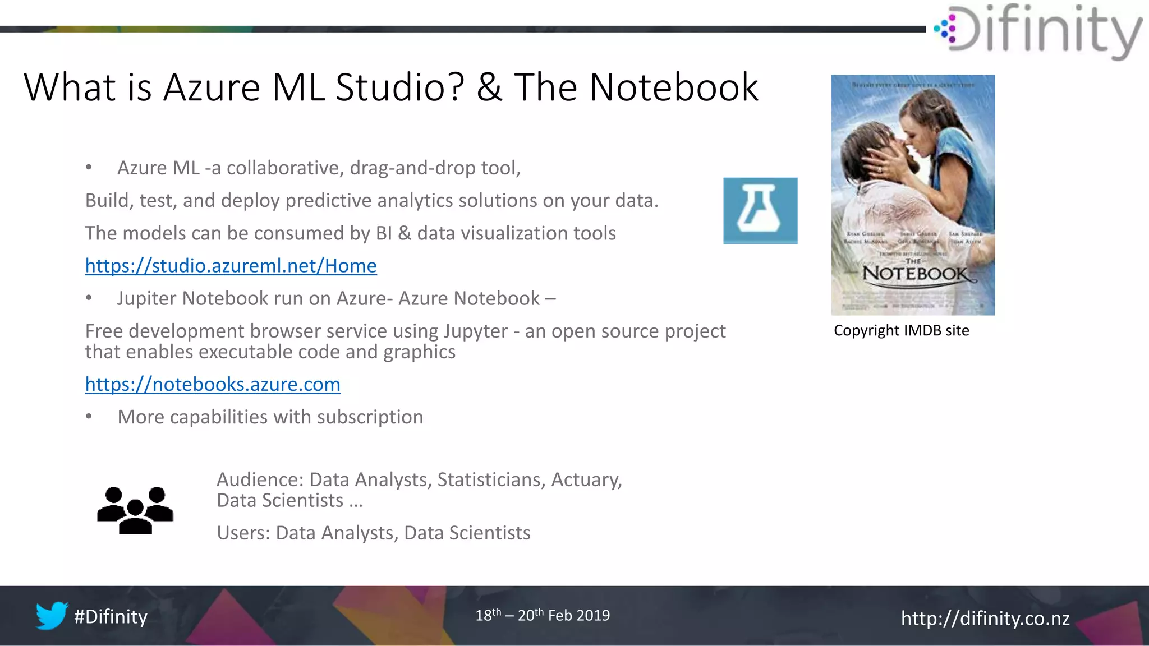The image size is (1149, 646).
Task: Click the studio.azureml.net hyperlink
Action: [231, 266]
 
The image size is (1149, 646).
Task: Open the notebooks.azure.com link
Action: [213, 385]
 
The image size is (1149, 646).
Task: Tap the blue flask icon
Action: [760, 211]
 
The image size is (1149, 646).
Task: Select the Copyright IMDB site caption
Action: [901, 331]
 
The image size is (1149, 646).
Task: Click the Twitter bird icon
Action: [52, 616]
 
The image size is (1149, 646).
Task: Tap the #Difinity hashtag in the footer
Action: [111, 617]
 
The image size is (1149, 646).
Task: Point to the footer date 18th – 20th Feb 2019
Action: [543, 615]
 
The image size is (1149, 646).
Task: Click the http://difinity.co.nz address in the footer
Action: [985, 618]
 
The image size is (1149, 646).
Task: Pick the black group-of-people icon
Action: [135, 510]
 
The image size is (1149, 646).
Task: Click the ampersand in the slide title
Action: [489, 88]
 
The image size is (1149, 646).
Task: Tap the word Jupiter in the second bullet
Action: [147, 298]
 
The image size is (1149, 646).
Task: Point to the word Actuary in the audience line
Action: [586, 480]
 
